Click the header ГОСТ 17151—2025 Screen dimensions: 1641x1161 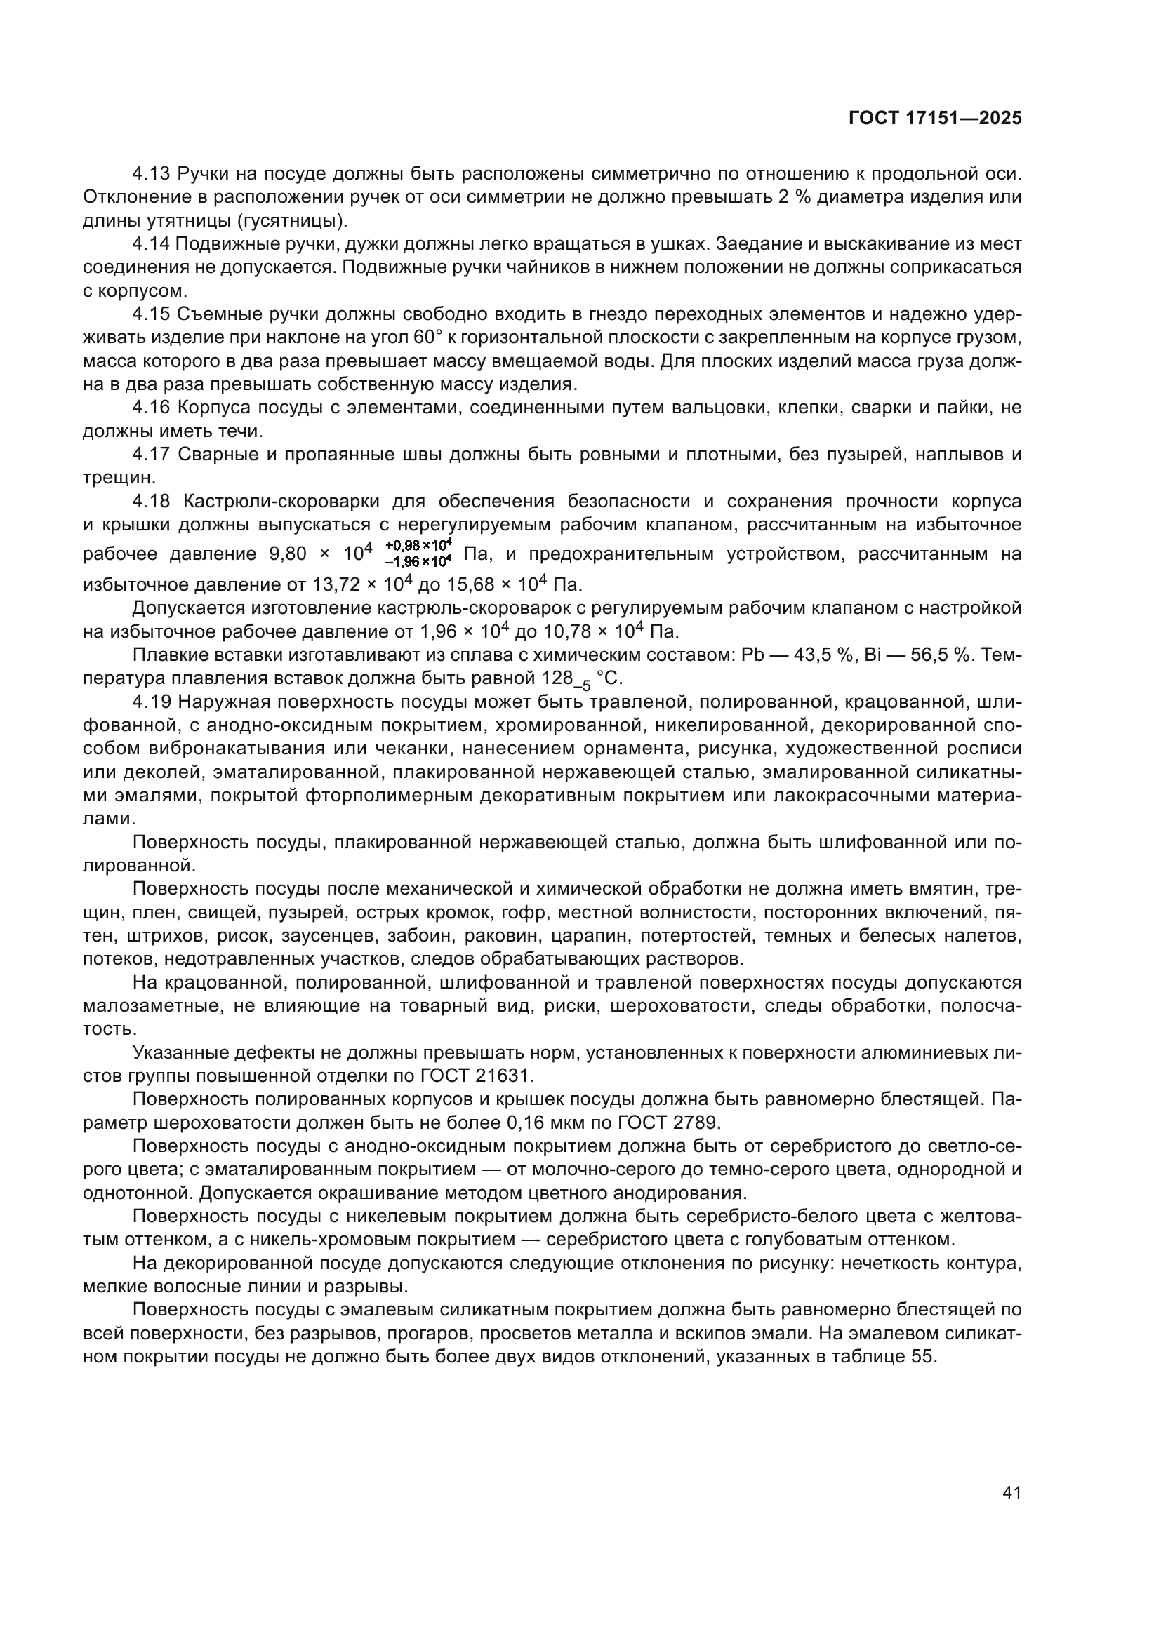pyautogui.click(x=934, y=119)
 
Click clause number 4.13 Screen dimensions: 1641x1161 pyautogui.click(x=151, y=174)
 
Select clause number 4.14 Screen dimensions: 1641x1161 pyautogui.click(x=151, y=244)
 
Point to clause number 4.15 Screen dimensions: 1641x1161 pyautogui.click(x=151, y=314)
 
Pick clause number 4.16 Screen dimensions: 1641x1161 pyautogui.click(x=151, y=408)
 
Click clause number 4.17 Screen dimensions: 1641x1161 pyautogui.click(x=151, y=455)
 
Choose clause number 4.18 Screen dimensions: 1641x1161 pyautogui.click(x=151, y=501)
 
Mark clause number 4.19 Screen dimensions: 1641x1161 pyautogui.click(x=151, y=702)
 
